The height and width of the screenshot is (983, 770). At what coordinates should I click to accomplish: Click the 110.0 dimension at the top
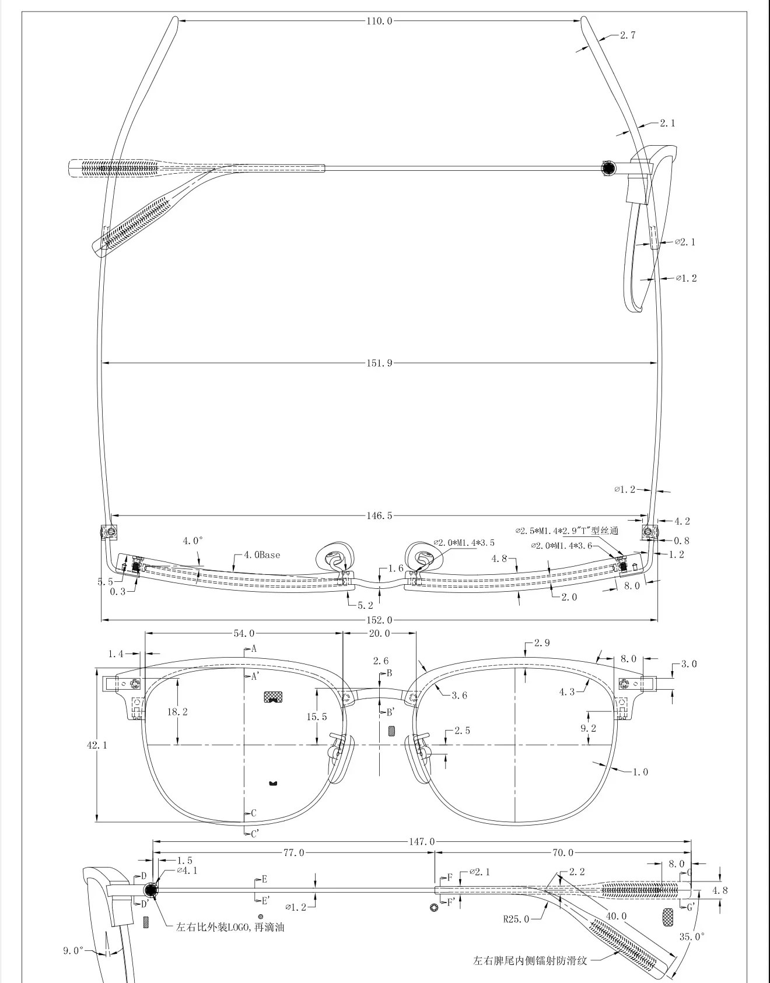[x=379, y=21]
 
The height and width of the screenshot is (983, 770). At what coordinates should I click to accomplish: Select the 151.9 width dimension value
[x=379, y=363]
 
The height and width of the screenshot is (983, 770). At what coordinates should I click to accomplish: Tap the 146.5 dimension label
[x=379, y=515]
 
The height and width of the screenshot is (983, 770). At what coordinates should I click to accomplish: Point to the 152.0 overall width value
[x=379, y=620]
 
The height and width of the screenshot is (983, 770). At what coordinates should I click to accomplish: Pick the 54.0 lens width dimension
[x=244, y=633]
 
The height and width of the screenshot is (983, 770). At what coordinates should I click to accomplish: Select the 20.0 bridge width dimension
[x=379, y=633]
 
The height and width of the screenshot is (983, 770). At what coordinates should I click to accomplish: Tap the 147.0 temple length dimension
[x=422, y=841]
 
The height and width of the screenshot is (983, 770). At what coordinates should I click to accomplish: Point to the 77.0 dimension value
[x=293, y=852]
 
